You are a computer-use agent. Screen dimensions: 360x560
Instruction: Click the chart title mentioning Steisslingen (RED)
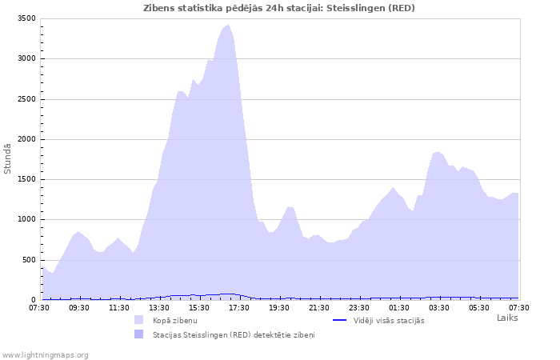(279, 8)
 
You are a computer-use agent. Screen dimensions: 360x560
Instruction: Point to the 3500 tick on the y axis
(26, 18)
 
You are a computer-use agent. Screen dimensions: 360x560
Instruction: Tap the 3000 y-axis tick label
(26, 58)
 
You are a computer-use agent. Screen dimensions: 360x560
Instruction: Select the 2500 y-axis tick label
(26, 99)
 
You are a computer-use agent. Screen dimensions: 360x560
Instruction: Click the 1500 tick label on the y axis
(26, 179)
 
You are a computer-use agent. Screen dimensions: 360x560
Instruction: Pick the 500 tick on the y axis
(28, 260)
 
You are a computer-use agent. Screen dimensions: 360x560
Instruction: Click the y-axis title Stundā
(8, 158)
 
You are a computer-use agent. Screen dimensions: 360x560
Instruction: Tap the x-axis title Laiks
(507, 318)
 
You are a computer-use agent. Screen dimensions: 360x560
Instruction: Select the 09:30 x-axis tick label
(79, 307)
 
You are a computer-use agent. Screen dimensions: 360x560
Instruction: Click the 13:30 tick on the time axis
(159, 307)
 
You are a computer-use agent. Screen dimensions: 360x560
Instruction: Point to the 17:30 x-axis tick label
(239, 307)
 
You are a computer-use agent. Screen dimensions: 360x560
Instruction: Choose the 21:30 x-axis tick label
(319, 307)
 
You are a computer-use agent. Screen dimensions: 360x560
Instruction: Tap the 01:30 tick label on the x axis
(399, 307)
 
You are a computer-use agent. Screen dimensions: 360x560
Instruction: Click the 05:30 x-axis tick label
(479, 307)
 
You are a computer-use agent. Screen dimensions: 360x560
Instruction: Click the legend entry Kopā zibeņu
(175, 320)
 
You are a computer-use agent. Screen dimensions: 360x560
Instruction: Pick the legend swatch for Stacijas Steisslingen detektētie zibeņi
(139, 334)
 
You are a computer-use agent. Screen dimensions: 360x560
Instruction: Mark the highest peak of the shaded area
(229, 25)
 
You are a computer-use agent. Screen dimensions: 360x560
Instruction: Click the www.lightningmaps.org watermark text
(46, 354)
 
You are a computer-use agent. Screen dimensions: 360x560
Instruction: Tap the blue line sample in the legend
(339, 320)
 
